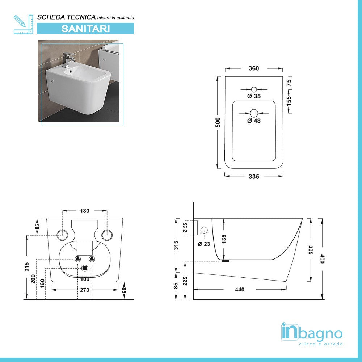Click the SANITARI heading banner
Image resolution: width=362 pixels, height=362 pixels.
tap(85, 29)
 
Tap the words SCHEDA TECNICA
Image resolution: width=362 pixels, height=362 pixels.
tap(67, 17)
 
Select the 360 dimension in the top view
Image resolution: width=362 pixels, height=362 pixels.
tap(254, 68)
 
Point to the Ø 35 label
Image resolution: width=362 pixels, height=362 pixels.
tap(254, 96)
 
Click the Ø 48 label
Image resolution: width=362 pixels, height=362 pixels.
tap(254, 121)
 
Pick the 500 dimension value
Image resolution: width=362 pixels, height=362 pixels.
tap(218, 123)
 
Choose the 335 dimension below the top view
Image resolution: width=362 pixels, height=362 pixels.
tap(254, 177)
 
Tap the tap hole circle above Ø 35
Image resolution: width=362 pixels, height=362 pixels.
tap(254, 89)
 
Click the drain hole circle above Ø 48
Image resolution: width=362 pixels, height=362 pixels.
tap(254, 113)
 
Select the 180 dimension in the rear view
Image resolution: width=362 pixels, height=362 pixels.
tap(85, 211)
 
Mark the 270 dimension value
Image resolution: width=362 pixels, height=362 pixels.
tap(85, 290)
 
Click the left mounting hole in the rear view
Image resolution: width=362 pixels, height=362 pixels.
tap(62, 235)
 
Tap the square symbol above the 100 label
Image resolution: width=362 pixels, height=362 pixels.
tap(85, 268)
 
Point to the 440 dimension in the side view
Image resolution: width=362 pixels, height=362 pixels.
tap(240, 290)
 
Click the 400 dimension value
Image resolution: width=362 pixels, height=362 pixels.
tap(322, 259)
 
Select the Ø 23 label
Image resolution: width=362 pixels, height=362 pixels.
tap(204, 244)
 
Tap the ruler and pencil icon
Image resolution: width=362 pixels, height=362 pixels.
tap(23, 24)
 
